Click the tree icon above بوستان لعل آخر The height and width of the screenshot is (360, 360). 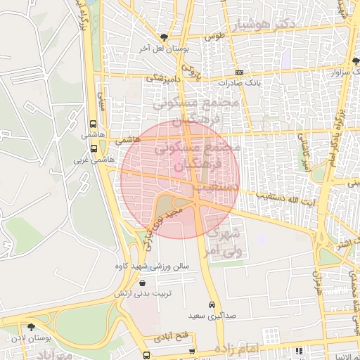click(x=164, y=37)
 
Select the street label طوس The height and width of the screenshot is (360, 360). click(x=215, y=34)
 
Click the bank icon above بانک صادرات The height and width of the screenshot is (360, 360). click(x=239, y=72)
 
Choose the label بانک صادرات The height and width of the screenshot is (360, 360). click(x=239, y=82)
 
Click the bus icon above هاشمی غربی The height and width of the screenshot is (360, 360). click(x=94, y=148)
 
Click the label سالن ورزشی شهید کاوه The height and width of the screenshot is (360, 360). click(x=153, y=267)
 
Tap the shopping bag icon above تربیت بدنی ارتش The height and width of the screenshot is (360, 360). click(x=143, y=283)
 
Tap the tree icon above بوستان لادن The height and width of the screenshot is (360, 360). click(x=31, y=327)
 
